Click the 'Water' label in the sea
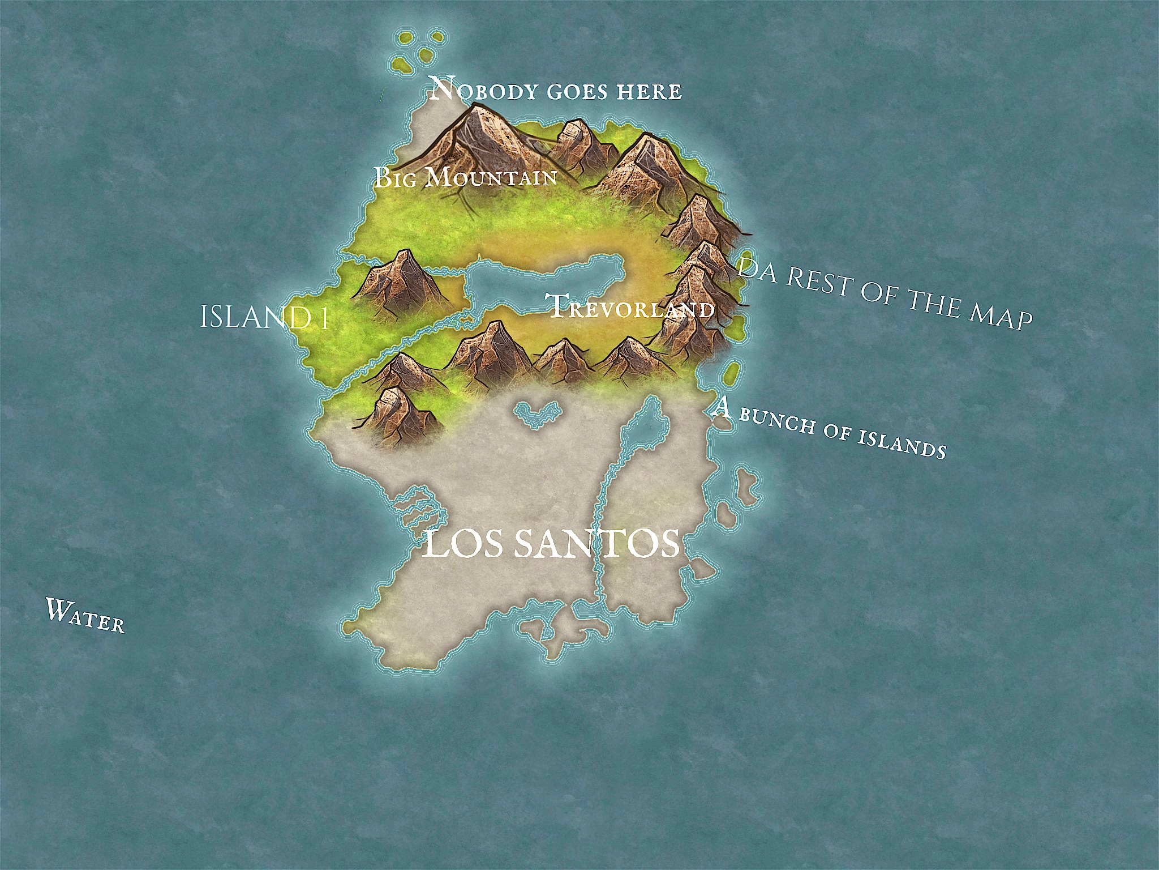point(85,615)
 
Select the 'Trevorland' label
point(631,307)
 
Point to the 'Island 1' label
point(265,317)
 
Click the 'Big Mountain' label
point(465,177)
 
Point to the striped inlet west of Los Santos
point(419,510)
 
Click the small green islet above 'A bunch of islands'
point(731,372)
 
